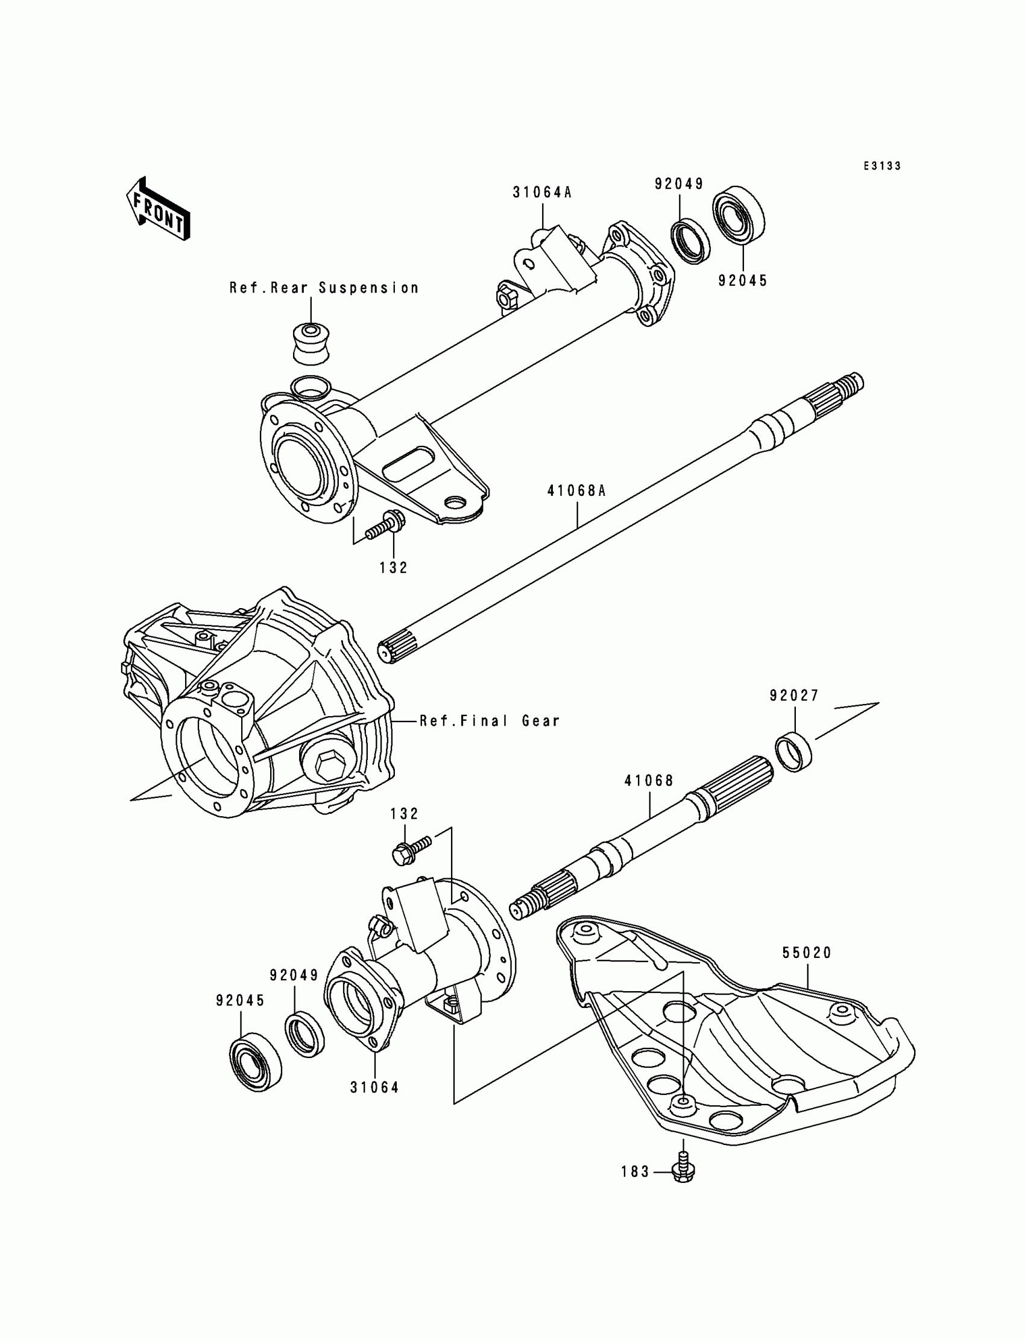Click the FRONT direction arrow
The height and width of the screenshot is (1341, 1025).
[158, 209]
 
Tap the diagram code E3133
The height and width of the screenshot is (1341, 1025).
[881, 166]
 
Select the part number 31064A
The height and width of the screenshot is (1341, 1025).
[542, 193]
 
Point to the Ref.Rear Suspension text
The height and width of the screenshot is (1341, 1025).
[324, 288]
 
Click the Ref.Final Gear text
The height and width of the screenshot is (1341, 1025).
[490, 721]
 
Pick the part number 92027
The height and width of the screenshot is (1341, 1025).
[793, 696]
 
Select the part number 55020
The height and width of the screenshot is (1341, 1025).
[807, 953]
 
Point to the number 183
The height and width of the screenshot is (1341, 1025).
[635, 1172]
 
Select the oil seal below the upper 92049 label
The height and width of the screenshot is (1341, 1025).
[691, 240]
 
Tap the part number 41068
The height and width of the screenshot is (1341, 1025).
[649, 781]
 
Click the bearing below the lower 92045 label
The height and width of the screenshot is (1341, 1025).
[256, 1063]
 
